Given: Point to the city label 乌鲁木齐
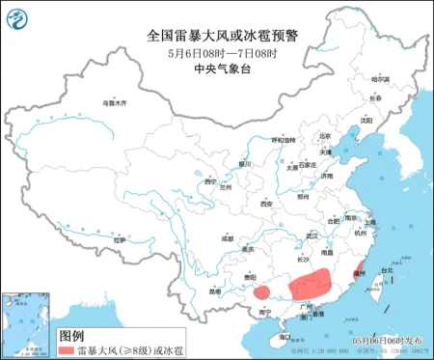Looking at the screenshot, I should (x=115, y=101).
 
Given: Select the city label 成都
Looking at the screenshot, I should (x=227, y=237).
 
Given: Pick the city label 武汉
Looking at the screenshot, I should (x=311, y=235).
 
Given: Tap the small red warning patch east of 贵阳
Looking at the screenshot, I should (x=262, y=291).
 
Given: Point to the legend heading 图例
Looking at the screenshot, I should (x=71, y=336).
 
